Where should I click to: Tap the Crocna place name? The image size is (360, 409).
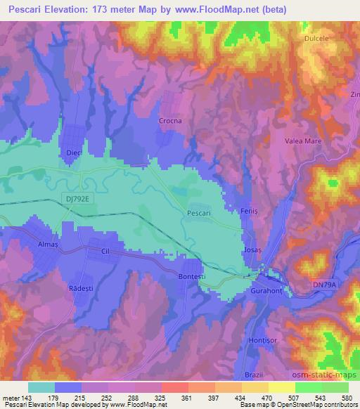171,121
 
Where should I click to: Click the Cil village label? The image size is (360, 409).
107,251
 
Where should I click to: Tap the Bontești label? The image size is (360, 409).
190,278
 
